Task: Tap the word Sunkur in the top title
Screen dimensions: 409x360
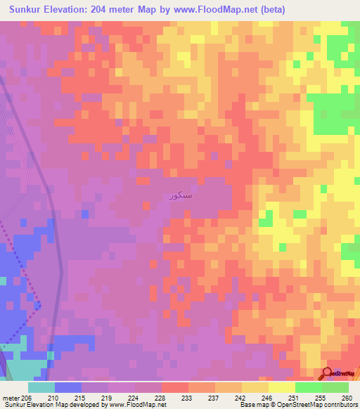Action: (x=27, y=10)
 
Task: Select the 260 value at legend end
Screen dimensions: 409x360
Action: (x=347, y=397)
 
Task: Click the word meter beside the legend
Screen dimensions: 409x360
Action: (x=11, y=397)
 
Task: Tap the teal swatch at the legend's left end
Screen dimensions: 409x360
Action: (x=41, y=387)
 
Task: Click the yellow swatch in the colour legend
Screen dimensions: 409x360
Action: (x=282, y=387)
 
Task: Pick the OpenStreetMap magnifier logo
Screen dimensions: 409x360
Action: (x=328, y=373)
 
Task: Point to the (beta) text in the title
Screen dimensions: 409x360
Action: (x=270, y=10)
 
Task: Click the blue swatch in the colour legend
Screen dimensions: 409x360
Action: (x=68, y=387)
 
